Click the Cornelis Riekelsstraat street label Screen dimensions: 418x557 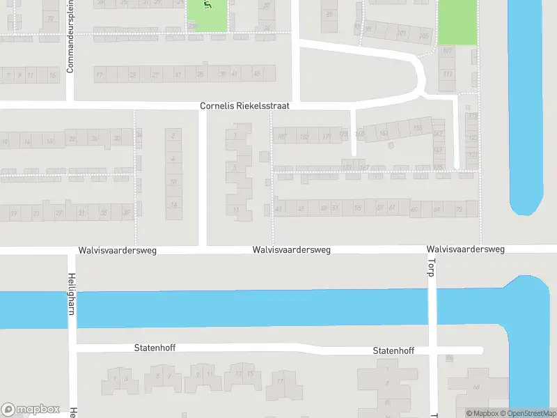pos(244,106)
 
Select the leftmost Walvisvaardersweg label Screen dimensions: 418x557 pos(117,249)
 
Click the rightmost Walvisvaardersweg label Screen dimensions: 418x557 pos(466,249)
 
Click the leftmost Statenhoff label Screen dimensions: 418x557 pos(155,346)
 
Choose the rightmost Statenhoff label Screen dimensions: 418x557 pos(393,350)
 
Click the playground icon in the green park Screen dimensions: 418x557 pos(207,6)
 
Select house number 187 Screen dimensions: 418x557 pos(282,136)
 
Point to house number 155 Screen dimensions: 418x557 pos(417,127)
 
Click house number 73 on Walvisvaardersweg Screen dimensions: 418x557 pos(458,208)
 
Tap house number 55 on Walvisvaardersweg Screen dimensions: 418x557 pos(357,208)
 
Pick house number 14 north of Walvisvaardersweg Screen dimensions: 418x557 pos(173,204)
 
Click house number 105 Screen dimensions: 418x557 pos(424,35)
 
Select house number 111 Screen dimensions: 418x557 pos(446,74)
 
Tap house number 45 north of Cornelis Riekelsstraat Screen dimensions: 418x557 pos(256,74)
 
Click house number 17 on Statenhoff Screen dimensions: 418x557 pos(280,381)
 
